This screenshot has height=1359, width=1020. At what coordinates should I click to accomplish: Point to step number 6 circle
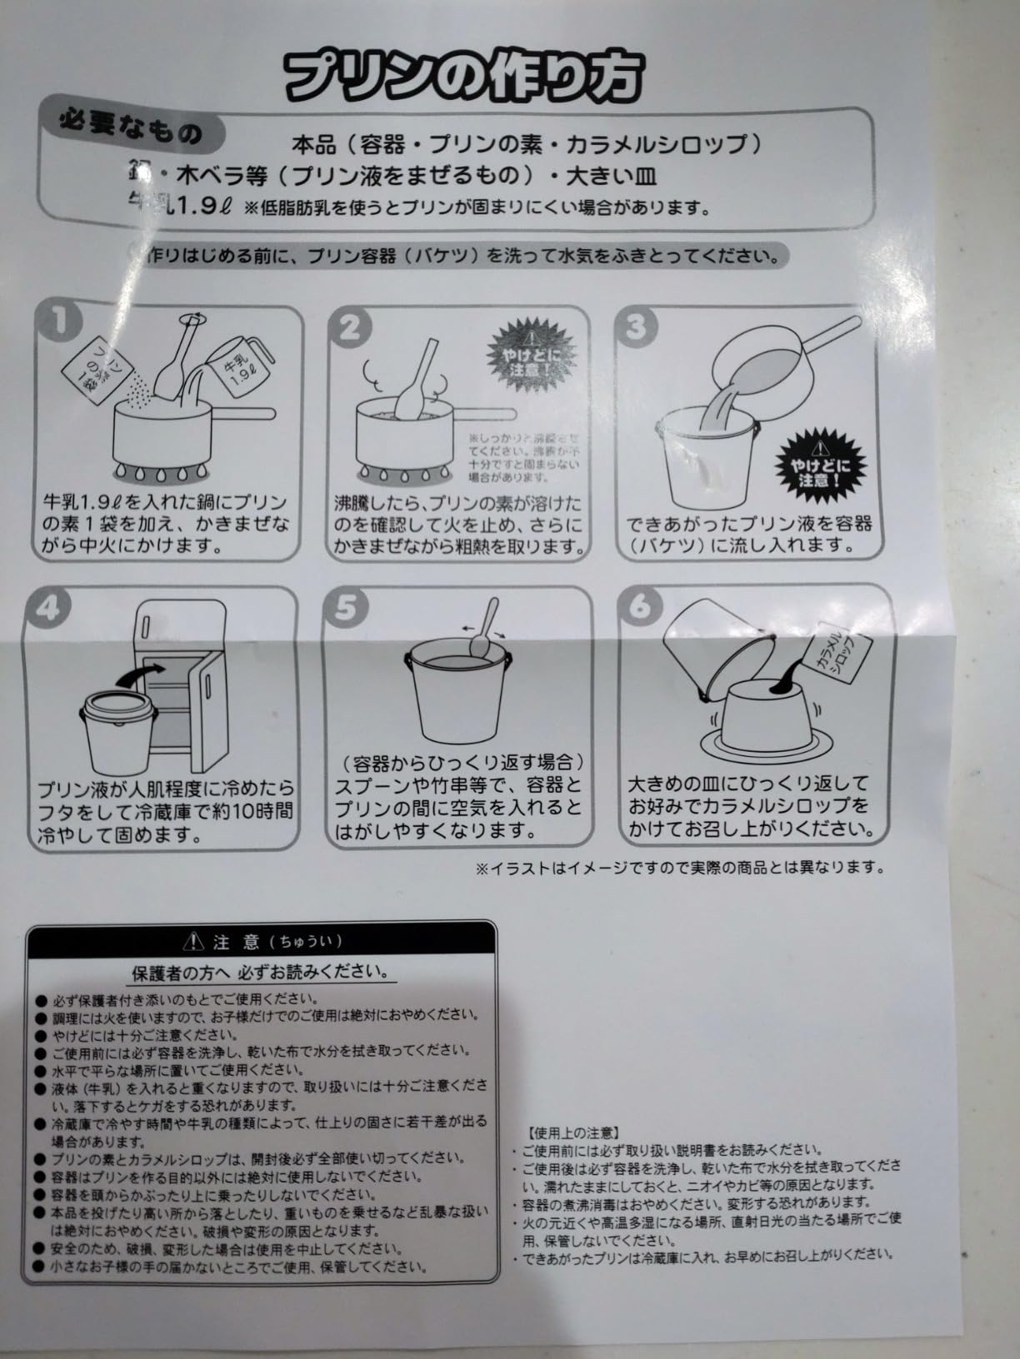click(x=638, y=605)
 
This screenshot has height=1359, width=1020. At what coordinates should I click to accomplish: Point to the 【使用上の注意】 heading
click(x=572, y=1132)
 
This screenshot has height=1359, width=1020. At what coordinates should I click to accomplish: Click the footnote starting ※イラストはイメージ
click(x=679, y=868)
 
